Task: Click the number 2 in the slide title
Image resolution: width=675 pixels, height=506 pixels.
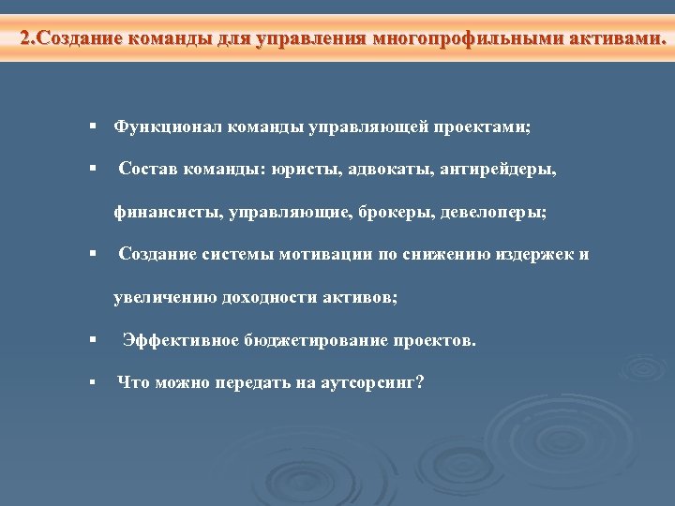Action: coord(25,39)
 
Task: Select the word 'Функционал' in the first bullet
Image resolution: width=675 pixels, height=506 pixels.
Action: coord(158,126)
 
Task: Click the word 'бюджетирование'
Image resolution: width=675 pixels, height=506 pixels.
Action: coord(297,340)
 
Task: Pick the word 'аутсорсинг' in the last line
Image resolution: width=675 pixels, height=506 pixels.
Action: coord(365,383)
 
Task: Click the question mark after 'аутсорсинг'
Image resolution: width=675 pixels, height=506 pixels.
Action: coord(419,383)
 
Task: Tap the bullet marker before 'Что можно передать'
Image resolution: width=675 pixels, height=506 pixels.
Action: coord(94,383)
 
